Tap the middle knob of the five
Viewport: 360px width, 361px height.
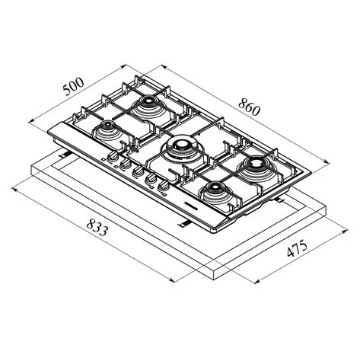point(139,172)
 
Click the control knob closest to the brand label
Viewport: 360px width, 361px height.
point(165,185)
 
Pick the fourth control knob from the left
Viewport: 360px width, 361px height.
point(152,178)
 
